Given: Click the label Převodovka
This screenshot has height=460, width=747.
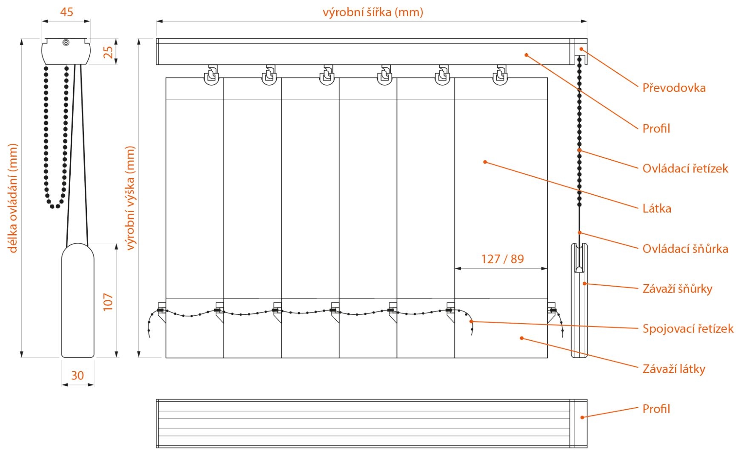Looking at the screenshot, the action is (x=674, y=88).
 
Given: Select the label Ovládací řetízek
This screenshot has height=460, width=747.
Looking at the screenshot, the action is (x=685, y=168).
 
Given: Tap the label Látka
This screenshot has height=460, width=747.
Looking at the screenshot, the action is (x=657, y=208).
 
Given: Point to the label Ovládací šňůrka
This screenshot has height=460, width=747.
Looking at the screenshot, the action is (x=685, y=248).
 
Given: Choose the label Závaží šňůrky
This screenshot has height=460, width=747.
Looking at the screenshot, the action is (x=677, y=288).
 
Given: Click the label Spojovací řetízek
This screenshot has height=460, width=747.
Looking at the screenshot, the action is (x=688, y=328).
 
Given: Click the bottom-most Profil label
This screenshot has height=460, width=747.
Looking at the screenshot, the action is (x=656, y=409).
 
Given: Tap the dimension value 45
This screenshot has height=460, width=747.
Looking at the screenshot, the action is (x=66, y=11).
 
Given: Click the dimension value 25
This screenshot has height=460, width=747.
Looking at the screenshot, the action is (x=108, y=52).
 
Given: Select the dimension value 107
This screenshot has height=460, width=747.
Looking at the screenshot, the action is (x=108, y=302).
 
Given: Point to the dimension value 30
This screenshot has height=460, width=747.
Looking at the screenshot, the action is (x=77, y=375).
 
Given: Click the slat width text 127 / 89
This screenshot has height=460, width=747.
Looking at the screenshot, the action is (x=502, y=259).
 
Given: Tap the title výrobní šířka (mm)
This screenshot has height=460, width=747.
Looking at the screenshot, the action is (x=373, y=12).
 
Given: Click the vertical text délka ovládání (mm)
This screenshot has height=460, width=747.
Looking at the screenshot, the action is (x=13, y=198).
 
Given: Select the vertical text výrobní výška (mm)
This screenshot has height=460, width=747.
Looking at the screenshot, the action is (x=130, y=198).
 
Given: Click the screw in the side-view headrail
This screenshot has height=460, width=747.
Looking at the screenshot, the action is (x=66, y=42).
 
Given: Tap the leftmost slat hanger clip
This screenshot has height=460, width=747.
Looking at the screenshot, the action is (x=211, y=75).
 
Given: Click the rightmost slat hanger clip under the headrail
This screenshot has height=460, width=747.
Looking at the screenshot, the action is (x=500, y=75).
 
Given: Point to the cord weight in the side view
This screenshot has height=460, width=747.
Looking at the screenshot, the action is (x=77, y=300).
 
